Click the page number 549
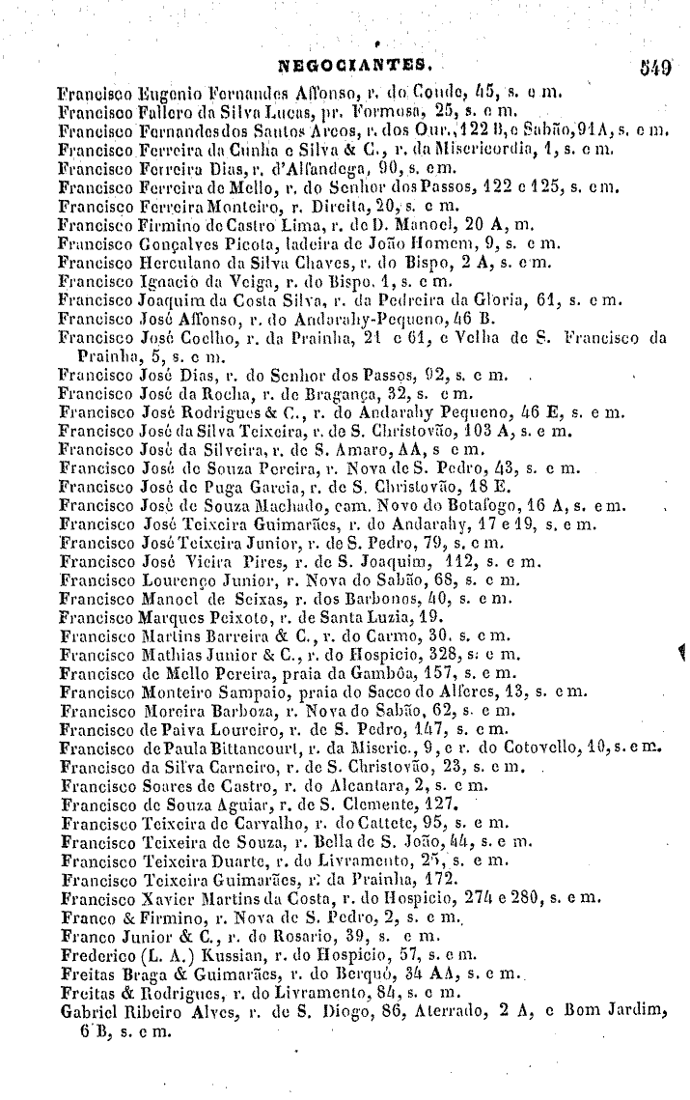pyautogui.click(x=653, y=70)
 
